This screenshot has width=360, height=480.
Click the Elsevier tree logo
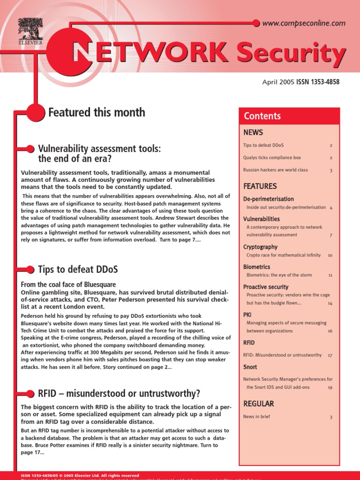30,29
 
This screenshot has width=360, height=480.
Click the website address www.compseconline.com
304,23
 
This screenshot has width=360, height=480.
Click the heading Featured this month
97,112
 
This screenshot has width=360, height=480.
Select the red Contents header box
289,116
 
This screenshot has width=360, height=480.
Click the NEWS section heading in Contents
253,133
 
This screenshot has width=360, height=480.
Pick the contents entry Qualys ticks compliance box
272,157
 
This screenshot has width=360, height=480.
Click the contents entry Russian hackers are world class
276,170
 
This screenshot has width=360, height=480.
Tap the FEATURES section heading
260,186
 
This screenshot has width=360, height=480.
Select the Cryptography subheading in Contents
260,247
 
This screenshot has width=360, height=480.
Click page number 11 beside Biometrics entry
330,275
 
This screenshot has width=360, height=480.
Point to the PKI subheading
247,315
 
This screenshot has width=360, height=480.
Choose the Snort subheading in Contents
250,367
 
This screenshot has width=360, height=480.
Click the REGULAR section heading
258,404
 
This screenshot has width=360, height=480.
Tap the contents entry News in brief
256,416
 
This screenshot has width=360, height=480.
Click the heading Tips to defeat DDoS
78,270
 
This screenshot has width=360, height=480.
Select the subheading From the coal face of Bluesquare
68,285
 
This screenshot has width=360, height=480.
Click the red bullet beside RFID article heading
30,393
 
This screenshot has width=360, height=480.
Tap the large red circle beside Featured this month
35,112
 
